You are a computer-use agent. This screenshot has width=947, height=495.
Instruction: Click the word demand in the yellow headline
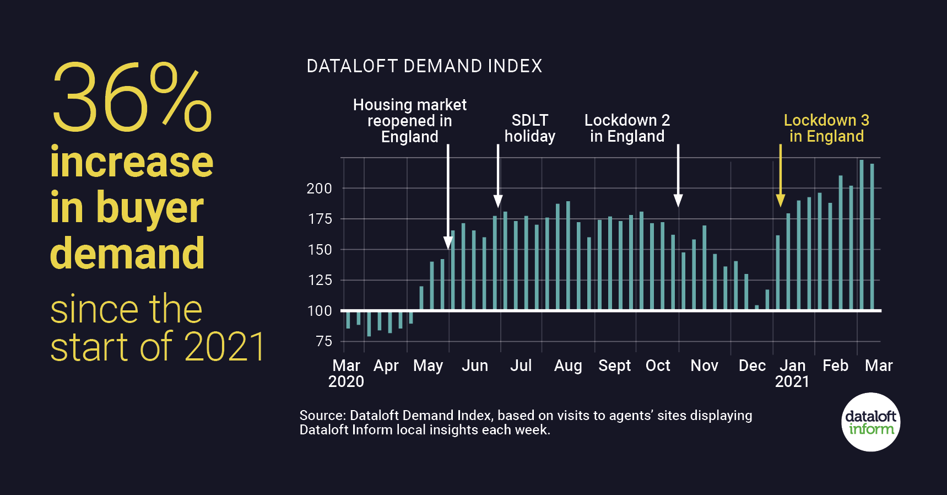pos(127,254)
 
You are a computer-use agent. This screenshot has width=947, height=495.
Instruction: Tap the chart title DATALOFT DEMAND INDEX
pos(424,66)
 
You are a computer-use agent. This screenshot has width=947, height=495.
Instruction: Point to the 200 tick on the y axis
pos(319,189)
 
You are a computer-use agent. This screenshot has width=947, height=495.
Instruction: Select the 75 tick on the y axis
pos(324,341)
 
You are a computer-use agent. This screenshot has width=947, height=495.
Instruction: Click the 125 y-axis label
pos(319,280)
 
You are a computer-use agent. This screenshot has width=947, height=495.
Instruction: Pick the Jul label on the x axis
pos(521,365)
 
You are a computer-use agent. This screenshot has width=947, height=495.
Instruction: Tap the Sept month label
pos(614,365)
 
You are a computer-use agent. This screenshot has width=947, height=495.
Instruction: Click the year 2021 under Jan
pos(792,381)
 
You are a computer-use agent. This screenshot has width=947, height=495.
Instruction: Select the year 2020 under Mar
pos(346,381)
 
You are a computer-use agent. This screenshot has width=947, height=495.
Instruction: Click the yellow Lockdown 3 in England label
pos(826,128)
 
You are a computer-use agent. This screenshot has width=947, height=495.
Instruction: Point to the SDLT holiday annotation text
pos(529,128)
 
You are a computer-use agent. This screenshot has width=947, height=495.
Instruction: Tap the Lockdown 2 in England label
pos(627,128)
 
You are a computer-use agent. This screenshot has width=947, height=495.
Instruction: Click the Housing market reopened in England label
pos(409,121)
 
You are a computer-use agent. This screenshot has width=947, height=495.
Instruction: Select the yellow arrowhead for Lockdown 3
pos(780,201)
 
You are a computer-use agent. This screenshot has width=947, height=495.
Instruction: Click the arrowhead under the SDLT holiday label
pos(498,201)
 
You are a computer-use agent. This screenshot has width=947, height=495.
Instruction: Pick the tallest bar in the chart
pos(862,234)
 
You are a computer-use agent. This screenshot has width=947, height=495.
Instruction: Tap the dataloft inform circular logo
pos(870,422)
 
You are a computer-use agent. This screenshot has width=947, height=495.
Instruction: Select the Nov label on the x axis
pos(704,365)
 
